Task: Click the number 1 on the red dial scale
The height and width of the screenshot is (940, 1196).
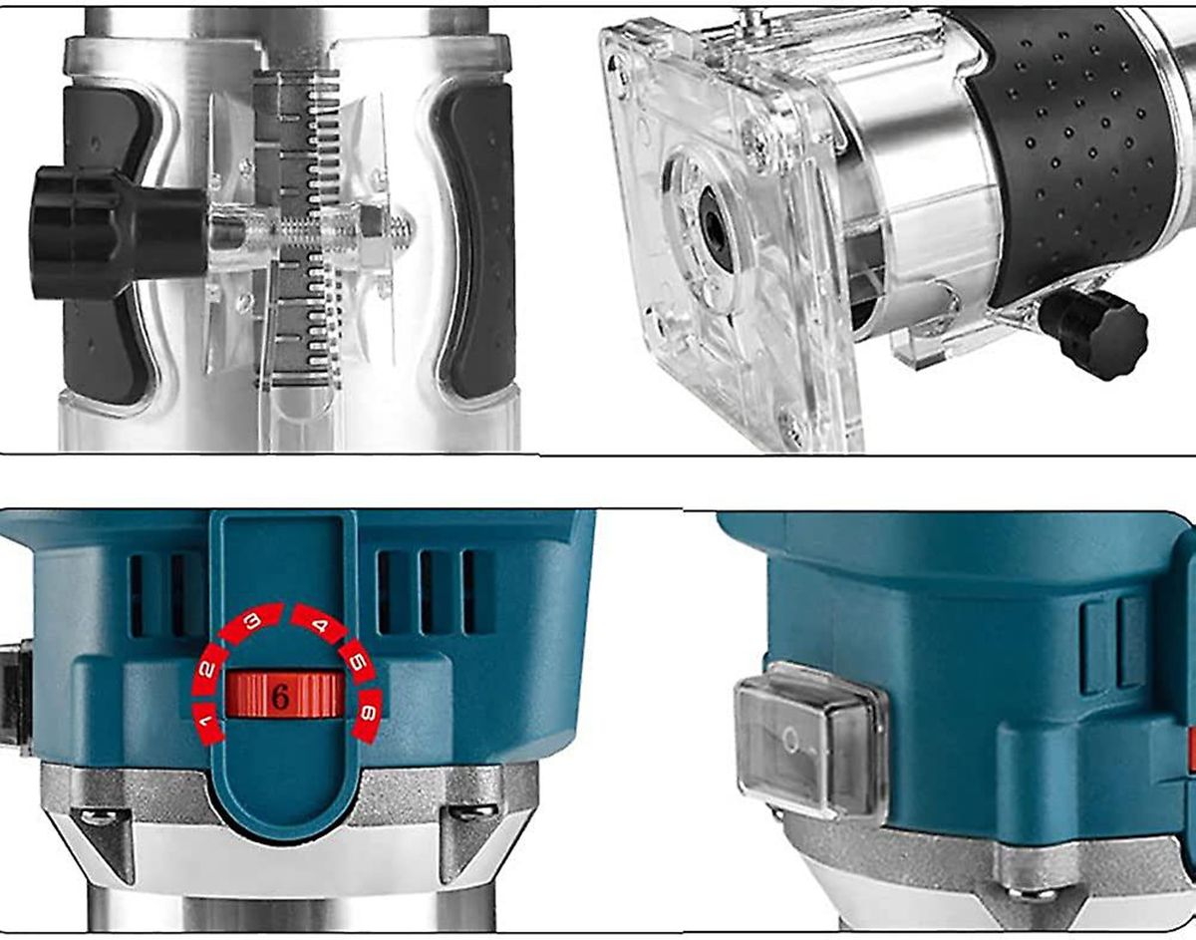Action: (x=206, y=720)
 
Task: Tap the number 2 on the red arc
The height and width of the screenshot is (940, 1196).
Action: (x=208, y=669)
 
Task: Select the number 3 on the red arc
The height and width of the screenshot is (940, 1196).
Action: (x=252, y=622)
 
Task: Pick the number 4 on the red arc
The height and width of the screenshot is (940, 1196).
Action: (x=320, y=625)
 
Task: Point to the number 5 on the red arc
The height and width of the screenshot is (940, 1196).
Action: (x=358, y=663)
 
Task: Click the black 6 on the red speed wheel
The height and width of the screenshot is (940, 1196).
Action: (x=281, y=699)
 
